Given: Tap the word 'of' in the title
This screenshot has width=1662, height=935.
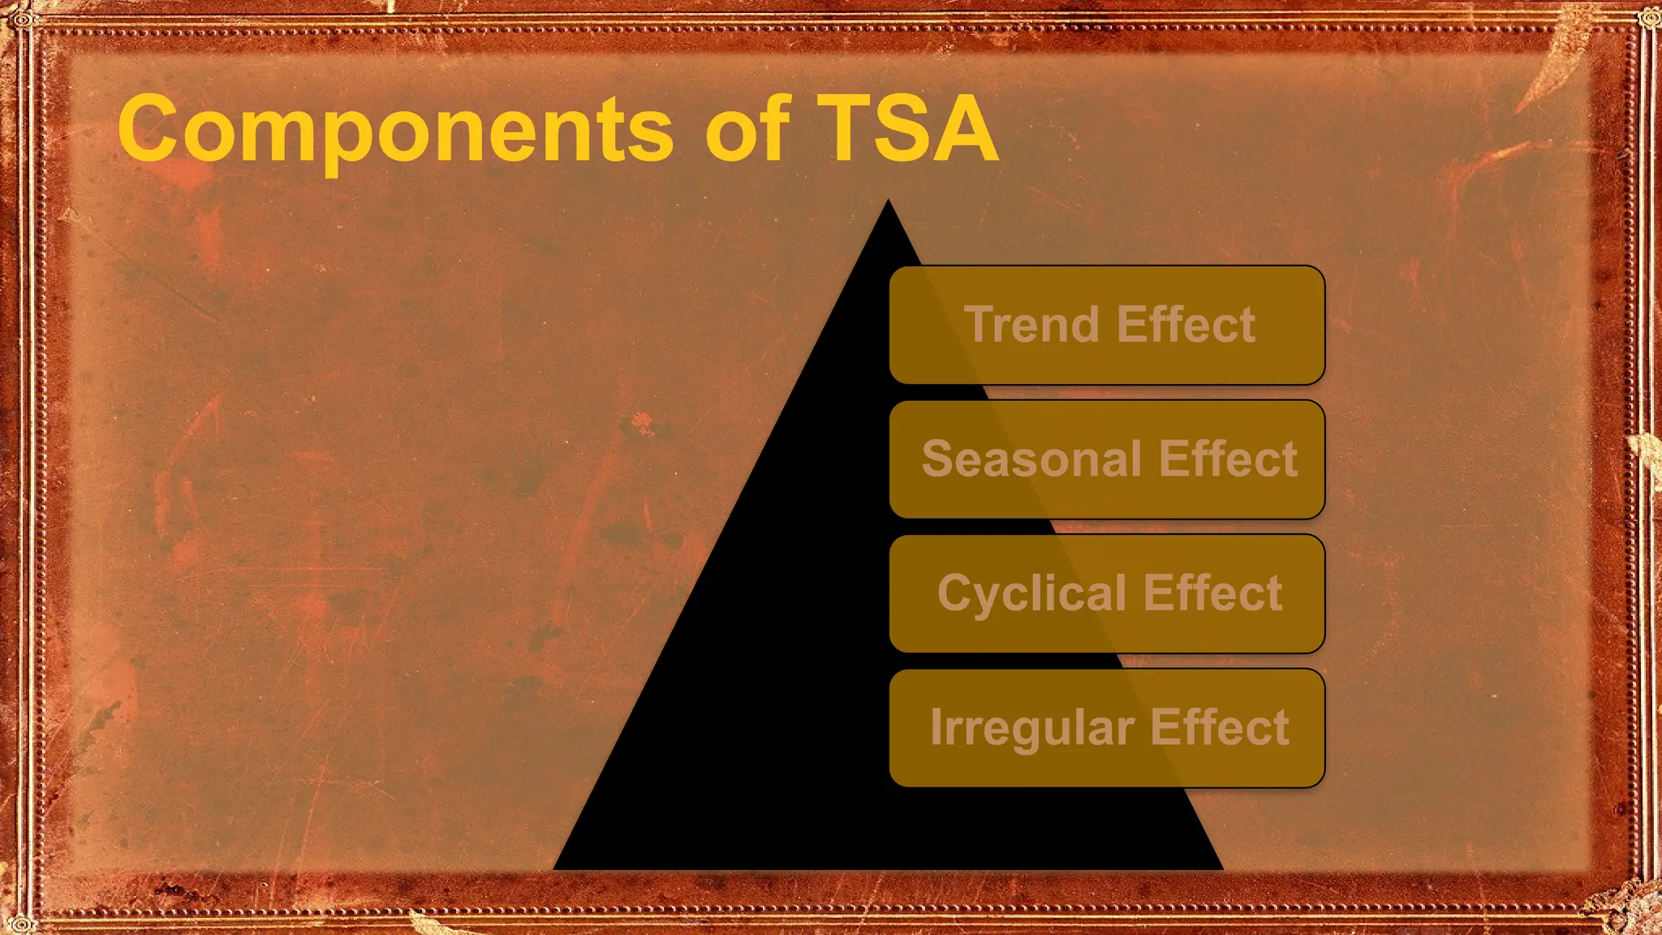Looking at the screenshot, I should [x=747, y=128].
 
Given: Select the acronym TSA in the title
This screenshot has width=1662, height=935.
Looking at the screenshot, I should [x=907, y=128].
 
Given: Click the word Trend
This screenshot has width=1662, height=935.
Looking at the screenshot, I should [x=1031, y=325].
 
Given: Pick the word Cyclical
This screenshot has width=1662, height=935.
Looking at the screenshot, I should [x=1031, y=594].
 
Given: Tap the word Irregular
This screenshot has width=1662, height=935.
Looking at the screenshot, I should [x=1032, y=728].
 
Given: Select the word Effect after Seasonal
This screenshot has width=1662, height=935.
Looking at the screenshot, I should [x=1228, y=459].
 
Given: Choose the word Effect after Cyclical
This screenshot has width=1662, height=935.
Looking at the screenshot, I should [x=1212, y=593].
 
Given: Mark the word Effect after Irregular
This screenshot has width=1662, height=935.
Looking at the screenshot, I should [x=1220, y=727].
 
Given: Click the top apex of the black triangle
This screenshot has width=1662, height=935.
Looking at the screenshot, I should [x=888, y=203].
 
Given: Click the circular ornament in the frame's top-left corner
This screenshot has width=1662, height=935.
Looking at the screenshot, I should [x=22, y=19].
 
